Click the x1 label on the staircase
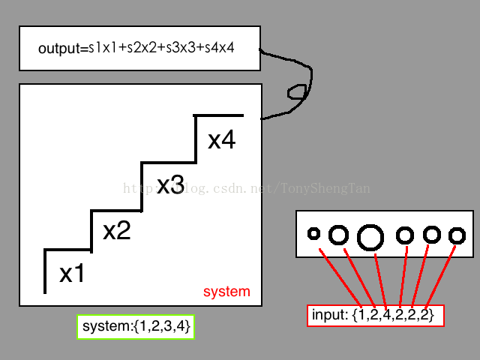(x=72, y=274)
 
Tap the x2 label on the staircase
(x=116, y=230)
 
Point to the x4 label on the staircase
(x=222, y=140)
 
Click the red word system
(x=226, y=292)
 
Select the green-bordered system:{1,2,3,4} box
(x=136, y=327)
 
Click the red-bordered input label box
(x=376, y=316)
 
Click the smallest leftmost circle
(x=314, y=233)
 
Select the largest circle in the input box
(x=370, y=237)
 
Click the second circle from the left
(x=339, y=235)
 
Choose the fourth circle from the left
(x=405, y=235)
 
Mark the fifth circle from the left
(x=431, y=235)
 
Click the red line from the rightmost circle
(x=441, y=275)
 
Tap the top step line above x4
(x=219, y=115)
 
